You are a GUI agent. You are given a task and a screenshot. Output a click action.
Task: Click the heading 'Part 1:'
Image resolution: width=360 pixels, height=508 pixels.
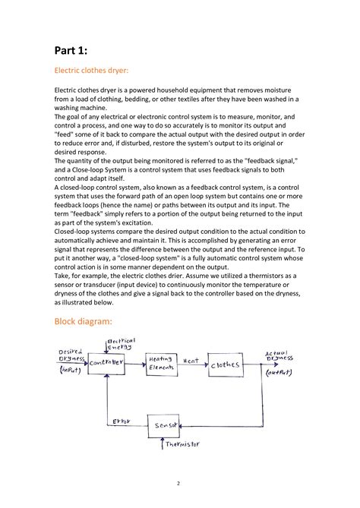[71, 50]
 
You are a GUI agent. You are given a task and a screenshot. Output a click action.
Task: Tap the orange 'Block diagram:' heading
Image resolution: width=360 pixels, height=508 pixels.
[85, 321]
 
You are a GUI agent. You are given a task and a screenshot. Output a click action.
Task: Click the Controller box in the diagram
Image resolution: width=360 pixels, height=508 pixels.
[106, 364]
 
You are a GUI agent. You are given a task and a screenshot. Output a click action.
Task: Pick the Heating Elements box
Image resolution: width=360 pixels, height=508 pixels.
[161, 364]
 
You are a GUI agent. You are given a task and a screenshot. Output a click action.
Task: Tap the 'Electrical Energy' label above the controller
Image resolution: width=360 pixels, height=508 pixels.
[120, 344]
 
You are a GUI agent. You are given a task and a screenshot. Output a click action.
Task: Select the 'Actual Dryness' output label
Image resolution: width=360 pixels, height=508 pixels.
[280, 356]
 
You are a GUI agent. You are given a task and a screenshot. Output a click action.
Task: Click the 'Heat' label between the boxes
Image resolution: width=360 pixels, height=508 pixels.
[190, 361]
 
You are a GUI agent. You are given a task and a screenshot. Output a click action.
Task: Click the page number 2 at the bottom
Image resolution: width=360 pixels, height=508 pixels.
[179, 483]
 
